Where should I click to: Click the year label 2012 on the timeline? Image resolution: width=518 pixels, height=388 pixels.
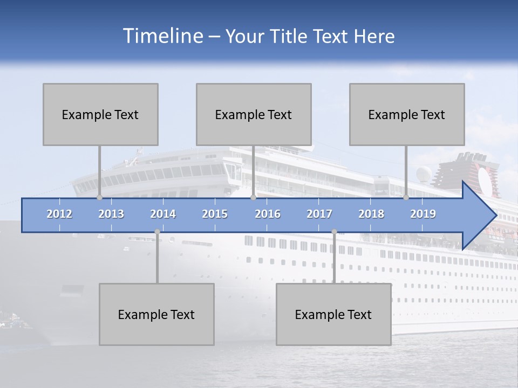click(x=59, y=214)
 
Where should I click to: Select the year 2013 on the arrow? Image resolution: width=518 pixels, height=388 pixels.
click(x=111, y=214)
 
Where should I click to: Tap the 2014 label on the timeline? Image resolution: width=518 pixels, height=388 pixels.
click(x=163, y=214)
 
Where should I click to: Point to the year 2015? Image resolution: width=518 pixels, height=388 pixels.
click(x=215, y=214)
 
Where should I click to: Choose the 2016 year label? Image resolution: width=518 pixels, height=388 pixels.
click(x=268, y=214)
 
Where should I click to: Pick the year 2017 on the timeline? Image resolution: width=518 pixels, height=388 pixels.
click(x=319, y=214)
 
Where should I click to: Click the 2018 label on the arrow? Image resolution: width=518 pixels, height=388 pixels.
click(x=371, y=214)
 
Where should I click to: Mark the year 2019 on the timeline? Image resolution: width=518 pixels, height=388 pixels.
click(x=423, y=214)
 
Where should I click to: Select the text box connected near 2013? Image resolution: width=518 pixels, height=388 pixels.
click(x=100, y=114)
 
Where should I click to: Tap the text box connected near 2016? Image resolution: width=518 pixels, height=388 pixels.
click(x=254, y=114)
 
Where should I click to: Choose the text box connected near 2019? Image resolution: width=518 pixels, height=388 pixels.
click(x=407, y=114)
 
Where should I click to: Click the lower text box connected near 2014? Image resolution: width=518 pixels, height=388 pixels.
click(x=156, y=314)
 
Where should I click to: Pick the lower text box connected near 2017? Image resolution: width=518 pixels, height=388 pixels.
click(x=333, y=314)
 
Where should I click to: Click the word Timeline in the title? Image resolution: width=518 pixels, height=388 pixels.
click(x=162, y=36)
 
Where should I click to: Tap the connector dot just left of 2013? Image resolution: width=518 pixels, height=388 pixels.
click(x=99, y=198)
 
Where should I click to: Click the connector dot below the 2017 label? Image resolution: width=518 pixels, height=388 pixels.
click(x=334, y=232)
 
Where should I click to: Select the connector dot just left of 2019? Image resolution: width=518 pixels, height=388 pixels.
click(x=406, y=198)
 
